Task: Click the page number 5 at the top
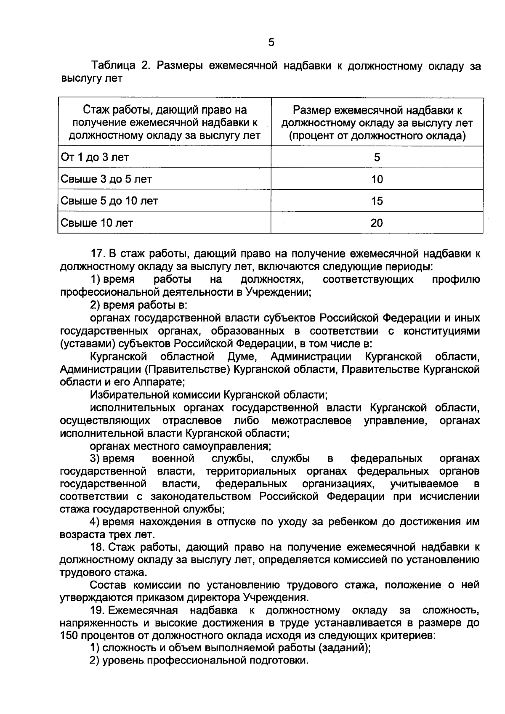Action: pos(271,42)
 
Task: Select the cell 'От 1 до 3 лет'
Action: pos(95,157)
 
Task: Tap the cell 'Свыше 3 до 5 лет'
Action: pos(106,179)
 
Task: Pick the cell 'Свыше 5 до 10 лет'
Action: pos(109,201)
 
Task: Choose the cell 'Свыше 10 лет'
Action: pos(97,223)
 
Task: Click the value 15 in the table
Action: pos(377,201)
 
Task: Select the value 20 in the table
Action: pos(377,223)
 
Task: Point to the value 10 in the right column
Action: pos(377,179)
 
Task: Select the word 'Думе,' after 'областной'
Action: pos(242,357)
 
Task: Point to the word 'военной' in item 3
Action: pos(173,458)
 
